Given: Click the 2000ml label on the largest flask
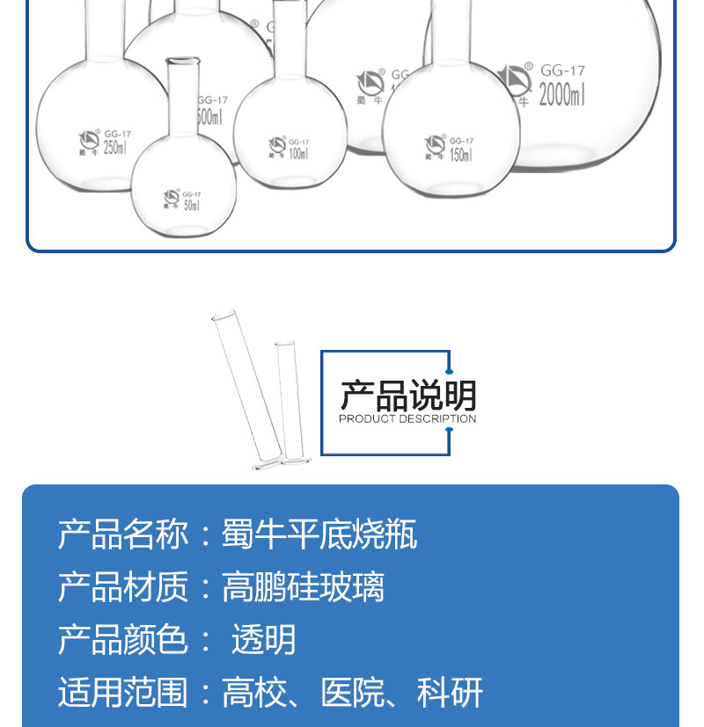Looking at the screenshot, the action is click(561, 94).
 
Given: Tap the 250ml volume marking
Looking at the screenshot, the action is click(114, 147).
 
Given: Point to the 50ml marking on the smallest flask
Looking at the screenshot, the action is click(191, 205).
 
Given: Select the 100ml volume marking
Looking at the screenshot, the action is click(297, 154).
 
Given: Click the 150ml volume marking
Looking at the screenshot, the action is click(460, 155).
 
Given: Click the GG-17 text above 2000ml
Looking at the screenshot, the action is click(562, 69).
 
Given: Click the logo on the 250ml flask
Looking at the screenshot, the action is click(90, 139).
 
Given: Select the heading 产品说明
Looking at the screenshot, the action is click(407, 396).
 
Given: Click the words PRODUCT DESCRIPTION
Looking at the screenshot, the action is click(407, 419).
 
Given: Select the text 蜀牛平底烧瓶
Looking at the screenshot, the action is click(319, 534).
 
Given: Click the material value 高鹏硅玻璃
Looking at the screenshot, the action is click(303, 587).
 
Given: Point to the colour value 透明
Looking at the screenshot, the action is click(263, 640).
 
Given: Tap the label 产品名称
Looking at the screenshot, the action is click(123, 534).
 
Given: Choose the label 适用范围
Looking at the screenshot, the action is click(123, 693).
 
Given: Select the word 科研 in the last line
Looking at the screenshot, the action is click(450, 693).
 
